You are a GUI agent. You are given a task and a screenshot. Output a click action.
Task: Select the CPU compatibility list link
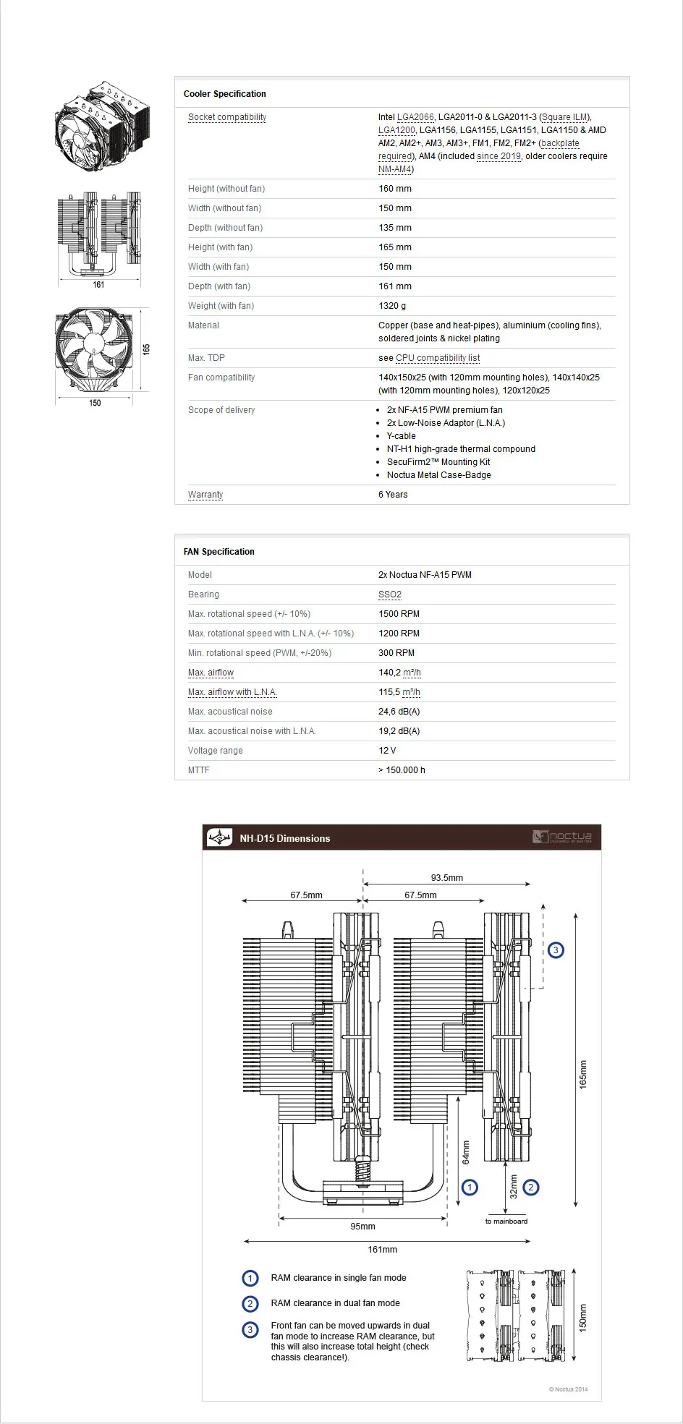(x=438, y=358)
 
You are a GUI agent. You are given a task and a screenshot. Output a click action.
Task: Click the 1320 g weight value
(x=392, y=306)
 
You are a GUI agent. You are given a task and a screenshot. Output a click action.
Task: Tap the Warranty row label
(x=205, y=495)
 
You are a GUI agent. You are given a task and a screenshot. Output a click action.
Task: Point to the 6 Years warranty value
(x=393, y=495)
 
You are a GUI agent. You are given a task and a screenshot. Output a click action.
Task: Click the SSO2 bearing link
(x=390, y=594)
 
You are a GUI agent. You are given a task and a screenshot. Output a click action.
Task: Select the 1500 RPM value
(x=399, y=614)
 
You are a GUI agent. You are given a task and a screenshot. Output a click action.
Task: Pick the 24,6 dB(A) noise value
(x=399, y=712)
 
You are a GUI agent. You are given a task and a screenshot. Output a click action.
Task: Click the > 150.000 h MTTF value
(x=402, y=770)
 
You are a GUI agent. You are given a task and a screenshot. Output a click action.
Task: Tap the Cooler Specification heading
(x=225, y=94)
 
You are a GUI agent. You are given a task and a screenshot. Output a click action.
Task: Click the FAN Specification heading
(x=219, y=552)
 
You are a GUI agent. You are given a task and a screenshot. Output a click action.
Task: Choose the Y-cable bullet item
(x=401, y=436)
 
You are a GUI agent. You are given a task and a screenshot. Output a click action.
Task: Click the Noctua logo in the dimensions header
(x=562, y=837)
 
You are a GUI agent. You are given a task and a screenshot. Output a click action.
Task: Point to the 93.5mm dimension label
(x=446, y=878)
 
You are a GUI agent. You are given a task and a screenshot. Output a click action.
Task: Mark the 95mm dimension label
(x=362, y=1227)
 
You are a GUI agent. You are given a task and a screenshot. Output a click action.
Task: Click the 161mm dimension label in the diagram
(x=382, y=1250)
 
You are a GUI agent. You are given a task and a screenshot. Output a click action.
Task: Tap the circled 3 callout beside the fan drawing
(x=555, y=950)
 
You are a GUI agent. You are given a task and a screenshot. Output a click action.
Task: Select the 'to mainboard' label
(x=506, y=1222)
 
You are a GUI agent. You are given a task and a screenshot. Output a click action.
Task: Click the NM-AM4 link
(x=394, y=169)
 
